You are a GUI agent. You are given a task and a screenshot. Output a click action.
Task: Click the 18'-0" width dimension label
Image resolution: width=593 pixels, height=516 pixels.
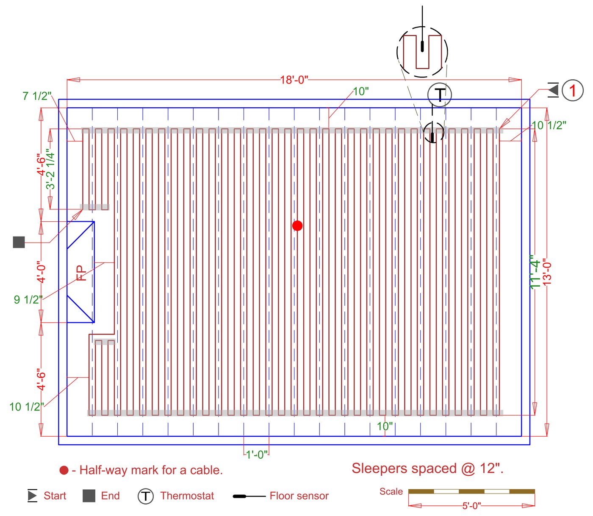coord(294,80)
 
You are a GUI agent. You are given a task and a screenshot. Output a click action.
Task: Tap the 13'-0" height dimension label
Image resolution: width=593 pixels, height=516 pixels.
coord(547,272)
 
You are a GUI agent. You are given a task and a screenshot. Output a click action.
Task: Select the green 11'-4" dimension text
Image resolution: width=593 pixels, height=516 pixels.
coord(535,272)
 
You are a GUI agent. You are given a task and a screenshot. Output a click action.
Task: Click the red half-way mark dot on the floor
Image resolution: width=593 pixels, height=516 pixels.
coord(297,226)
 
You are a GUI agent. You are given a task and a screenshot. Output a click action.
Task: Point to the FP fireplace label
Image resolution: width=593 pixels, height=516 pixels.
coord(81,273)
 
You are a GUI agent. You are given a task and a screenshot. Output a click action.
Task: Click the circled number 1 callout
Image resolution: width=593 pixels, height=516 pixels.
coord(573,90)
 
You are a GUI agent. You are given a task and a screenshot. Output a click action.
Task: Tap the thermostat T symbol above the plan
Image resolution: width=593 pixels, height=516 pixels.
coord(440,95)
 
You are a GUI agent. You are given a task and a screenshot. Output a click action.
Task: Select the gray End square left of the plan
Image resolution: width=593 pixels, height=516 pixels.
coord(19,242)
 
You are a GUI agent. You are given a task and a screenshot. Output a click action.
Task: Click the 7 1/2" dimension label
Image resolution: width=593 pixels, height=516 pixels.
coord(37,96)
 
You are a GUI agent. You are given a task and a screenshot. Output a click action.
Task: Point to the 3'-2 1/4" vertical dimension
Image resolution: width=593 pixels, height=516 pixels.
coord(50,169)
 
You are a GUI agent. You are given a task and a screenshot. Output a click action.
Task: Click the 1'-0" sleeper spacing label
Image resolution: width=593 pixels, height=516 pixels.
coord(257,455)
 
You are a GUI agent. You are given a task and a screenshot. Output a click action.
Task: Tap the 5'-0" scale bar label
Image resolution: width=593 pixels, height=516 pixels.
coord(471,506)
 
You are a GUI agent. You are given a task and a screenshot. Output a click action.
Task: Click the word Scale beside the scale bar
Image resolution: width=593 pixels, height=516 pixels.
coord(391,491)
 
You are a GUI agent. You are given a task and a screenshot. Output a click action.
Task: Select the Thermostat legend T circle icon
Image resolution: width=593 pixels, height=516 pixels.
coord(146,496)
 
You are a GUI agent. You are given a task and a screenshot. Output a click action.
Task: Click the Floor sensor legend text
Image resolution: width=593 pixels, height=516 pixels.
coord(299,496)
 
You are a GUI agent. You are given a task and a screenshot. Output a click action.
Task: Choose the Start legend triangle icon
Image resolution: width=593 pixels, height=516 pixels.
coord(32,496)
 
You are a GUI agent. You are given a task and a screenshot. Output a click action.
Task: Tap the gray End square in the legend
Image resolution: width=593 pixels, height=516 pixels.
coord(89,496)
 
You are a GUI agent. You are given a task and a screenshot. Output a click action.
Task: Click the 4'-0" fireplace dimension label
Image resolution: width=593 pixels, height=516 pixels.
coord(41,272)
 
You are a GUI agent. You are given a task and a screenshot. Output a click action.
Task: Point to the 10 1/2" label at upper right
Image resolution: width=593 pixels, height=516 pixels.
coord(549,126)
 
